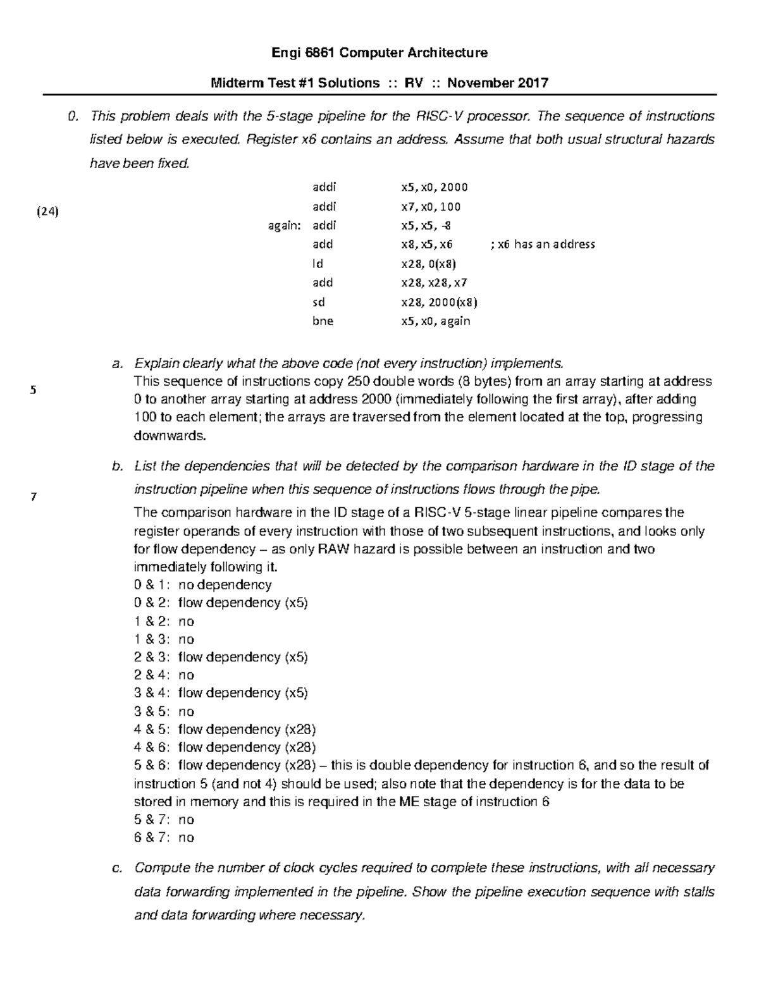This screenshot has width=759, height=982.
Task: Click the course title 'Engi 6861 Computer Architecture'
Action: coord(379,52)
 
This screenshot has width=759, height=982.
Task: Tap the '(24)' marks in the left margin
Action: coord(46,212)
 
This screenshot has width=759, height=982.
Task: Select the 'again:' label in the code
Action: coord(283,226)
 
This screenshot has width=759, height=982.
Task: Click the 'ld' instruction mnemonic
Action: coord(318,264)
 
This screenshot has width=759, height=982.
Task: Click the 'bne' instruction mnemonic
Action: coord(323,321)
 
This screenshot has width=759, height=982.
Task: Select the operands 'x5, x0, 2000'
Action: coord(434,187)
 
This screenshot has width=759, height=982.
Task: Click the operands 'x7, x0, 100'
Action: coord(431,207)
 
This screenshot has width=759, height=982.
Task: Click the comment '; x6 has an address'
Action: coord(543,245)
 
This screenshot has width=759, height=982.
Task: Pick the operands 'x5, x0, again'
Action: coord(436,321)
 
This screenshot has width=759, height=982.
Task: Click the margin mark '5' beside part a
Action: coord(33,390)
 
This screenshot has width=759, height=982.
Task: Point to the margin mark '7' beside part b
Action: coord(33,496)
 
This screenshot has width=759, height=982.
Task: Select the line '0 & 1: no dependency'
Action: coord(203,585)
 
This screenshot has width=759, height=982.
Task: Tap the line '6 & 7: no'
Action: coord(164,838)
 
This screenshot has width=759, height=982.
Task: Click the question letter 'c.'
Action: coord(116,868)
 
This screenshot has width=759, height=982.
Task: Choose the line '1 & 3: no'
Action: coord(164,639)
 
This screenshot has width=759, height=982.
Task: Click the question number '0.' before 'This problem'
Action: coord(75,116)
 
